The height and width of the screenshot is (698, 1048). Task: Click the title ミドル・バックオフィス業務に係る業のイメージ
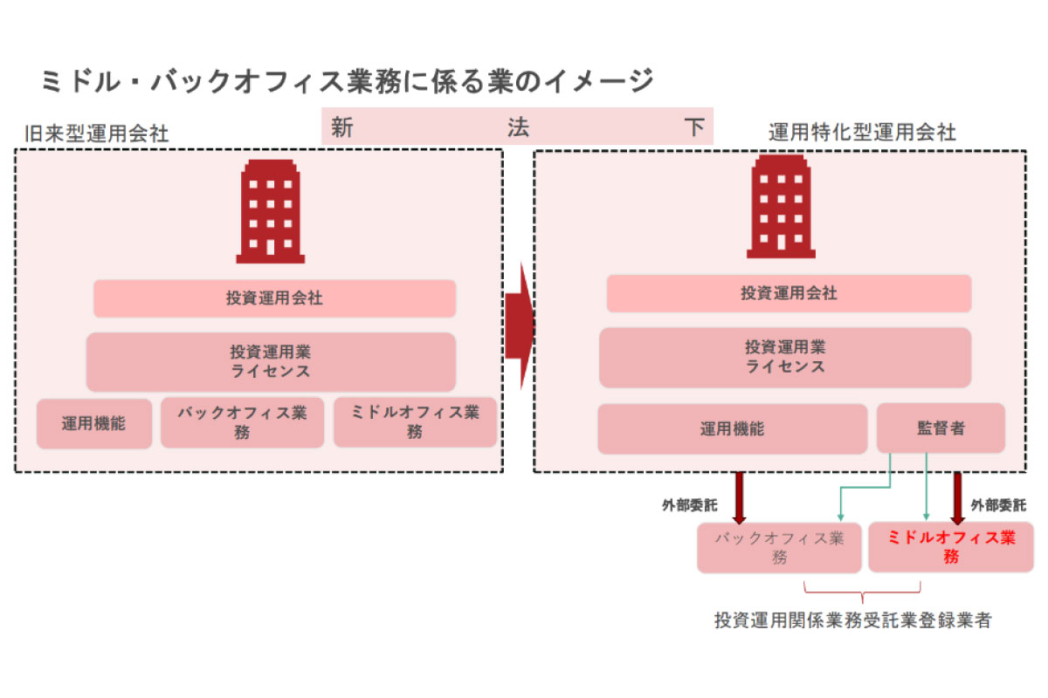point(347,81)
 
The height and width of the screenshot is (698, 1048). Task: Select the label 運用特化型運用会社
point(862,132)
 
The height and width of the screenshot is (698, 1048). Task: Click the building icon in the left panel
point(271,212)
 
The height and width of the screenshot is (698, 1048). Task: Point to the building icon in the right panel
point(780,208)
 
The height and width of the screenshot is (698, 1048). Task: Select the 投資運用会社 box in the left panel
point(274,298)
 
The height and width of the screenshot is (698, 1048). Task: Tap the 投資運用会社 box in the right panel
point(789,293)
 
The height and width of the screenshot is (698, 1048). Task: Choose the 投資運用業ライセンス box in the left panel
point(271,362)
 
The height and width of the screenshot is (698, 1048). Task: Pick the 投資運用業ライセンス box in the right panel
point(784,357)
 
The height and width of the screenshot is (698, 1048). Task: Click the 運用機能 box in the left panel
point(94,424)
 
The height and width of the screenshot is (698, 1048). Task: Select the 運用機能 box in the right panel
point(732,428)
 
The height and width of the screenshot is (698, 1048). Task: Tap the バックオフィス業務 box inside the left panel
point(242,422)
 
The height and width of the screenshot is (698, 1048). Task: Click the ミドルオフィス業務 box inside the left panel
point(415,422)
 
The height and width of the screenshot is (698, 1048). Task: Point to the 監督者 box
point(941,428)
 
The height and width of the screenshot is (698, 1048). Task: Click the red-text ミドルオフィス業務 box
point(951,547)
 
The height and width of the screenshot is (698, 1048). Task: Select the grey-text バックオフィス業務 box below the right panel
point(779,547)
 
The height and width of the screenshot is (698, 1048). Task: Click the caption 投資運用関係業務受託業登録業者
point(852,621)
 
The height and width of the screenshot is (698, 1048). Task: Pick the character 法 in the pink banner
point(518,127)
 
